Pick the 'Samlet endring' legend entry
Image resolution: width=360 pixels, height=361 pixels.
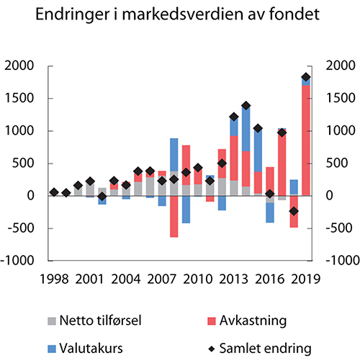click(267, 347)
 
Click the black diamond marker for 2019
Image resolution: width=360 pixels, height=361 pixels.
click(306, 77)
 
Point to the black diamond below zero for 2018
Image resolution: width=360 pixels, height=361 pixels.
click(294, 211)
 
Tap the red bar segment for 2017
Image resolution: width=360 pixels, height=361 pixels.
click(282, 163)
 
